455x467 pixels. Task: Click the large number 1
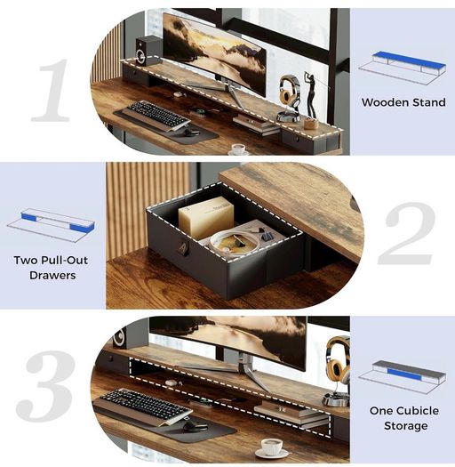coord(51,91)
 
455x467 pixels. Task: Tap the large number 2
coord(407,233)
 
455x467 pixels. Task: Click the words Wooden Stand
coord(403,102)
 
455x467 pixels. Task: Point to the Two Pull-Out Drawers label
coord(52,268)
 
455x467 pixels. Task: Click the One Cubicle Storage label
coord(404,418)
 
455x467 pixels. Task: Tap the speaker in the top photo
coord(147,51)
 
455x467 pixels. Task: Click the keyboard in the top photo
coord(157,114)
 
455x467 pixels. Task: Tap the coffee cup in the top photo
coord(238,149)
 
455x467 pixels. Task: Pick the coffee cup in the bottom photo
coord(271,447)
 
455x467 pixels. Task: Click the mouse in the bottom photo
coord(196,426)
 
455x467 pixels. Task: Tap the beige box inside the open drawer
coord(206,217)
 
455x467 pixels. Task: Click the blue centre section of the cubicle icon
coord(405,374)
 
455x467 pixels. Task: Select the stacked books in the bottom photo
coord(291,414)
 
